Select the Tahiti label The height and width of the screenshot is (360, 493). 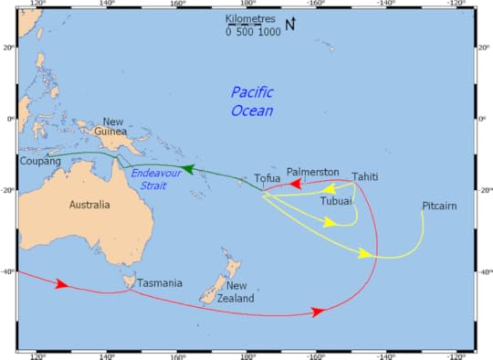(364, 177)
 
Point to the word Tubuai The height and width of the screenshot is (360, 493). (336, 200)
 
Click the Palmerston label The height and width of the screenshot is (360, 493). (312, 172)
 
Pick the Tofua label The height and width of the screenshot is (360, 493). (267, 178)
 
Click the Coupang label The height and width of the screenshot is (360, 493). (40, 161)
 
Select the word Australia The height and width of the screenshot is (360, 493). (89, 205)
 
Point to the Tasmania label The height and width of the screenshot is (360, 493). (160, 283)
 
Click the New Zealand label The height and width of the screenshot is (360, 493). (236, 291)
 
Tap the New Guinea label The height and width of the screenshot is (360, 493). (113, 128)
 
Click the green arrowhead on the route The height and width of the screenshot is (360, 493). (186, 168)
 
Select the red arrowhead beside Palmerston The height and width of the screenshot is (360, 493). (296, 184)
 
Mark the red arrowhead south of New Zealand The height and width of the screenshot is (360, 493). (318, 312)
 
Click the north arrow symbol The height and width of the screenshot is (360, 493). (290, 25)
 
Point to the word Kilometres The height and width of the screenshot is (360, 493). (251, 18)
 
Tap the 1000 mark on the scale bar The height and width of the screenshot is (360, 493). (269, 32)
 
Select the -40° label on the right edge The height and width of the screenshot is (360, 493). (483, 271)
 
